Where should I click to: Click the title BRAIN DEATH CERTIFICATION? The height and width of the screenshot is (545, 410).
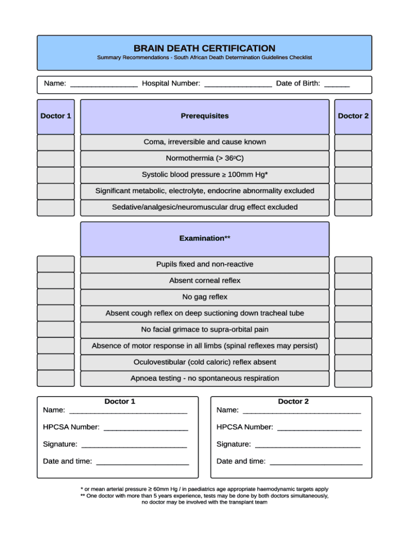coord(204,48)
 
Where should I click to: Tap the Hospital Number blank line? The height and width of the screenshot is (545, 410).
coord(237,84)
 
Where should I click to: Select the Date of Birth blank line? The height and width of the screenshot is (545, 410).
coord(337,84)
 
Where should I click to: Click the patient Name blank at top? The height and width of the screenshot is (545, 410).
coord(104,84)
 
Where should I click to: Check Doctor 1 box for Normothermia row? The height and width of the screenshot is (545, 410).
coord(56,159)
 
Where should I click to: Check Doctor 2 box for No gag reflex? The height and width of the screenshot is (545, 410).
coord(353,297)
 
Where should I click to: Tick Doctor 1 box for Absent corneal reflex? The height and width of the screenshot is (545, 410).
coord(56,280)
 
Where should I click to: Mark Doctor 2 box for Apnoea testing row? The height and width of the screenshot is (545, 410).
coord(353,378)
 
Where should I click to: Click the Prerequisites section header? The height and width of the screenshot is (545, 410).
coord(204,116)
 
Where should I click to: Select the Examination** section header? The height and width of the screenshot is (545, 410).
coord(204,238)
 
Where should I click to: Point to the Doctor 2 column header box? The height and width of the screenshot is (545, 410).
coord(353,116)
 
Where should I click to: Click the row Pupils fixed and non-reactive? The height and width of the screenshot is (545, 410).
coord(204,265)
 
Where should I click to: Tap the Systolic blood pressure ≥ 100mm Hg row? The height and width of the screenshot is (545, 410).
coord(204,175)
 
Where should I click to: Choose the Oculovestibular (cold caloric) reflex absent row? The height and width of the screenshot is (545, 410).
coord(204,362)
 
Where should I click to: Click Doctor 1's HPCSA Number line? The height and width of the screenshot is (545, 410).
coord(146,427)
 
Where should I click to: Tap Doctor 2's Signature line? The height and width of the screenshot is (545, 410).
coord(307,444)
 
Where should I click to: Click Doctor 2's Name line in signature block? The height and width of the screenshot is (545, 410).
coord(301,410)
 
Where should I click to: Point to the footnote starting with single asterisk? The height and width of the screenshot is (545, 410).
coord(204,489)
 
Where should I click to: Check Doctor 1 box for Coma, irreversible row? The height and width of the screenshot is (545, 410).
coord(56,142)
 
